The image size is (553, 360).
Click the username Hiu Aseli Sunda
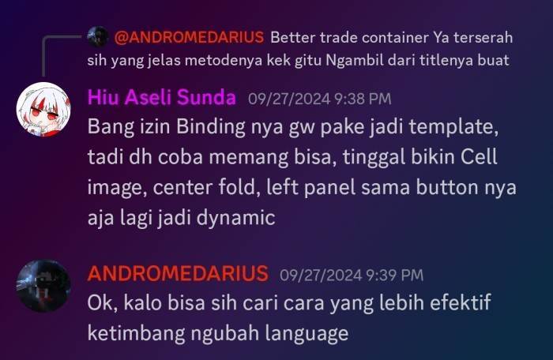[x=161, y=97]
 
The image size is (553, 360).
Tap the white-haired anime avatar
[x=43, y=109]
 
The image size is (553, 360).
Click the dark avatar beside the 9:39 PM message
[x=43, y=286]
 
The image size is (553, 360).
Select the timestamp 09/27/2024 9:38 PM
[x=319, y=99]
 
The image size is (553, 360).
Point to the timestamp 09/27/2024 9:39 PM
[x=352, y=275]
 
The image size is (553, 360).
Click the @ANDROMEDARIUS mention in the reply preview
[x=189, y=37]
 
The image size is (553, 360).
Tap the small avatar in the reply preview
[x=98, y=36]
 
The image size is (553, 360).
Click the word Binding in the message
[x=211, y=126]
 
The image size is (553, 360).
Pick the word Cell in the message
[x=479, y=156]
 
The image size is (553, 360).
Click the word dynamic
[x=235, y=218]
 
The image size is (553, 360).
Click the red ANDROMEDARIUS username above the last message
[x=178, y=273]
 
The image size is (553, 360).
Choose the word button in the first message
[x=447, y=187]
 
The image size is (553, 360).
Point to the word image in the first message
[x=117, y=188]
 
